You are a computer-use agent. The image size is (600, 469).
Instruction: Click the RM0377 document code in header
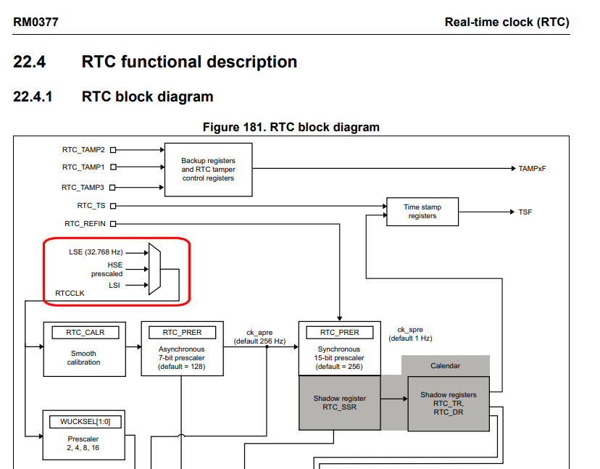(x=36, y=22)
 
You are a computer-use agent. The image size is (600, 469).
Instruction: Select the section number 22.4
(x=30, y=62)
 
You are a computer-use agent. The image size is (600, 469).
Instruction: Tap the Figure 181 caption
(x=291, y=128)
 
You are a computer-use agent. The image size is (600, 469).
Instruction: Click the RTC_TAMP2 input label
(x=83, y=150)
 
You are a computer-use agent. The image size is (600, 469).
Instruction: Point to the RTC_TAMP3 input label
(x=83, y=187)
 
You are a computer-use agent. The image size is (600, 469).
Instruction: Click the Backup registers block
(x=208, y=169)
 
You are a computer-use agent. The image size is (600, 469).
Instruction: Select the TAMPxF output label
(x=533, y=169)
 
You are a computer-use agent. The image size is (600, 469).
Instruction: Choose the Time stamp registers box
(x=422, y=211)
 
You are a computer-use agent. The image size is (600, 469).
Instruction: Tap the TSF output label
(x=525, y=212)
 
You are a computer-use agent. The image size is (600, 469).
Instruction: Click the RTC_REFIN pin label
(x=85, y=224)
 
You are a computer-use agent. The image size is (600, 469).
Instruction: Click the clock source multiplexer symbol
(x=154, y=269)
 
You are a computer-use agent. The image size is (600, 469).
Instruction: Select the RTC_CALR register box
(x=85, y=333)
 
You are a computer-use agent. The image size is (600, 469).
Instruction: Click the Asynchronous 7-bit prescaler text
(x=182, y=357)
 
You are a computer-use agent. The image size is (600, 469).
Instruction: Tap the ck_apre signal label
(x=265, y=336)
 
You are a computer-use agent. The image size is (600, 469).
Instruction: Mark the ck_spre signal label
(x=410, y=333)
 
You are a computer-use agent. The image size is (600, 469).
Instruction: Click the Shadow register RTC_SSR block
(x=339, y=402)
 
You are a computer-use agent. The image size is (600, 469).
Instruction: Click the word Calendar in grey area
(x=445, y=365)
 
